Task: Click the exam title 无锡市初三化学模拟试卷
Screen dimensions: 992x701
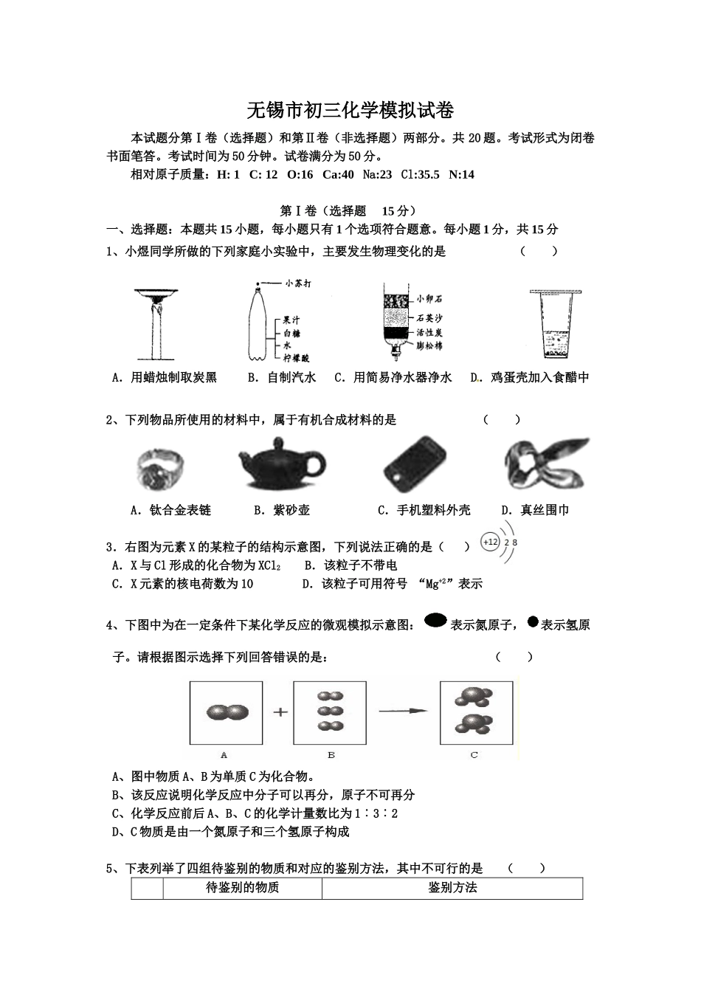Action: click(350, 111)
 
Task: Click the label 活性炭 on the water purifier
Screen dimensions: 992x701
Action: click(429, 332)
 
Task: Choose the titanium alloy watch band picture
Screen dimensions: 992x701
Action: click(159, 468)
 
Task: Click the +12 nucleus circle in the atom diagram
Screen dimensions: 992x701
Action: click(490, 542)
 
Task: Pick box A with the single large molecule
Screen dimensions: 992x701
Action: click(226, 712)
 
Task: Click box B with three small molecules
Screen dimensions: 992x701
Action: click(330, 712)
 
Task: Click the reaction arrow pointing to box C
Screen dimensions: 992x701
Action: click(403, 711)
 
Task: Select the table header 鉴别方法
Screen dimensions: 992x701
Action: click(452, 888)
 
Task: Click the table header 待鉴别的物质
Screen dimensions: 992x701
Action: click(242, 888)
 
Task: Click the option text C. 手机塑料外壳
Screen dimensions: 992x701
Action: click(424, 510)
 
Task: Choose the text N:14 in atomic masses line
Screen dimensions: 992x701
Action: click(461, 175)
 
